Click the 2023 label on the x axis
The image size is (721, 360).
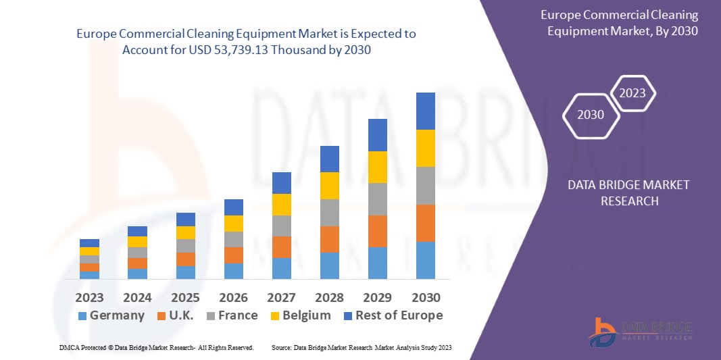pyautogui.click(x=89, y=298)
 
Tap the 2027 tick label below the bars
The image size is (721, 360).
pyautogui.click(x=282, y=298)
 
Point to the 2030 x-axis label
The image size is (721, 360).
pyautogui.click(x=426, y=298)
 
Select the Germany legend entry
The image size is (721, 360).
pyautogui.click(x=111, y=315)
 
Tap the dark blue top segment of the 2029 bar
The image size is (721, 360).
pyautogui.click(x=378, y=135)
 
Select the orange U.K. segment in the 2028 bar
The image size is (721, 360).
pyautogui.click(x=330, y=239)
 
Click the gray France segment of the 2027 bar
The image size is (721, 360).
pyautogui.click(x=282, y=226)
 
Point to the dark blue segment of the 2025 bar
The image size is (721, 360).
pyautogui.click(x=186, y=220)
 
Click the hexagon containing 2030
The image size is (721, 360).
pyautogui.click(x=591, y=115)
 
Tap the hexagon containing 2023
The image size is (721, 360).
pyautogui.click(x=633, y=93)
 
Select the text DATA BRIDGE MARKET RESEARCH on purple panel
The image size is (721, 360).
pyautogui.click(x=619, y=192)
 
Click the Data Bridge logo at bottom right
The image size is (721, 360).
pyautogui.click(x=642, y=331)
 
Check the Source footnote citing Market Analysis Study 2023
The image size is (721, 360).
pyautogui.click(x=362, y=347)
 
